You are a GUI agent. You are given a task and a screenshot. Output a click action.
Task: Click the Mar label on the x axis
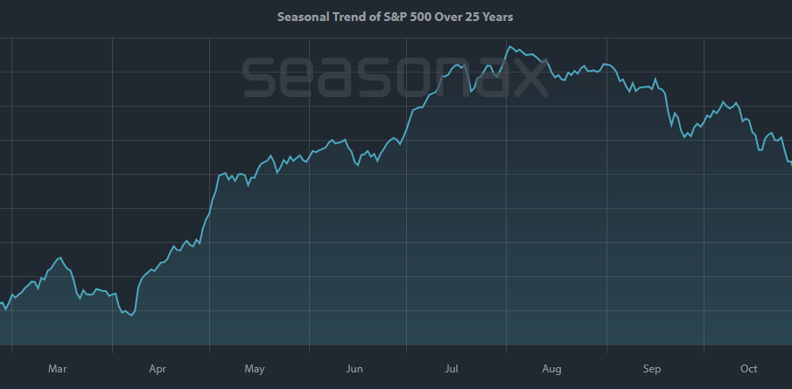[x=57, y=369]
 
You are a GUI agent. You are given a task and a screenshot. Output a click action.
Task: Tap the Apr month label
[x=158, y=369]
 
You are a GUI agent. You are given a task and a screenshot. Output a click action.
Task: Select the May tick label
[x=255, y=369]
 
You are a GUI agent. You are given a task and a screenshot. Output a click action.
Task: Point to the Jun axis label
[x=354, y=369]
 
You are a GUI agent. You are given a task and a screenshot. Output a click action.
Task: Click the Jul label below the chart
[x=452, y=369]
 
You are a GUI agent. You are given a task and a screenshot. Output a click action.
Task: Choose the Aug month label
[x=551, y=369]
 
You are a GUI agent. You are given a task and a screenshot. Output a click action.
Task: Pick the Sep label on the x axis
[x=651, y=369]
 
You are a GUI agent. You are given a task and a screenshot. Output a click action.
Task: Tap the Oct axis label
[x=748, y=369]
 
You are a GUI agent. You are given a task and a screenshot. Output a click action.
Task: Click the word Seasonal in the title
[x=302, y=17]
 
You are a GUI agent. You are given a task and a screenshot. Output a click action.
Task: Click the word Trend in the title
[x=356, y=17]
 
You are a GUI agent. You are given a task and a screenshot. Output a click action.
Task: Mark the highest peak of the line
[x=509, y=45]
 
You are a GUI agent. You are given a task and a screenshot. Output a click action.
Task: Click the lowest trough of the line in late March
[x=131, y=316]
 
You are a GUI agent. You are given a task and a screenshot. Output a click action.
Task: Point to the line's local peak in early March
[x=60, y=258]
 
